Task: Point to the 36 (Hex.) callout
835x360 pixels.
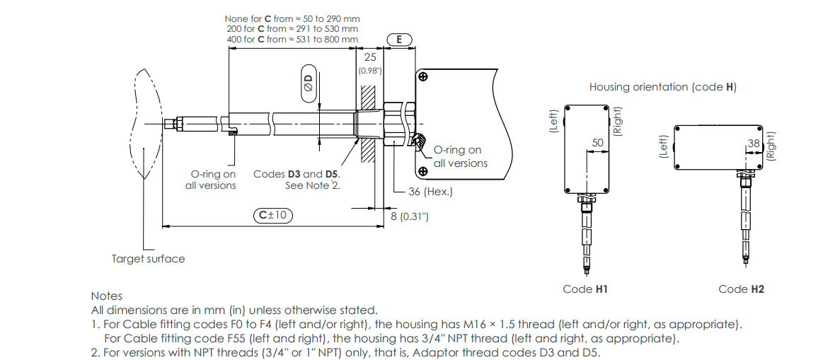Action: coord(431,192)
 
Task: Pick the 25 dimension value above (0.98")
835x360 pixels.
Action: coord(369,57)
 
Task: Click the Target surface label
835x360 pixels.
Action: coord(148,259)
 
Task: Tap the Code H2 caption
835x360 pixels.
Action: coord(741,289)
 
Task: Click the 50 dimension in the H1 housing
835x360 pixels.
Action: coord(598,143)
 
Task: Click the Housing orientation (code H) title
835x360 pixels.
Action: coord(662,87)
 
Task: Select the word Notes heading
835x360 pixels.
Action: coord(106,296)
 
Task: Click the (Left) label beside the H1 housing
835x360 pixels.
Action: coord(553,120)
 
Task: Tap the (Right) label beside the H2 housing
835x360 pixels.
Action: coord(771,144)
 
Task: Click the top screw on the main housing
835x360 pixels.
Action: coord(423,76)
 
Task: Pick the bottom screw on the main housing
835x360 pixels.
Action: coord(423,171)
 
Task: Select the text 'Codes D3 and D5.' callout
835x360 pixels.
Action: coord(296,174)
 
